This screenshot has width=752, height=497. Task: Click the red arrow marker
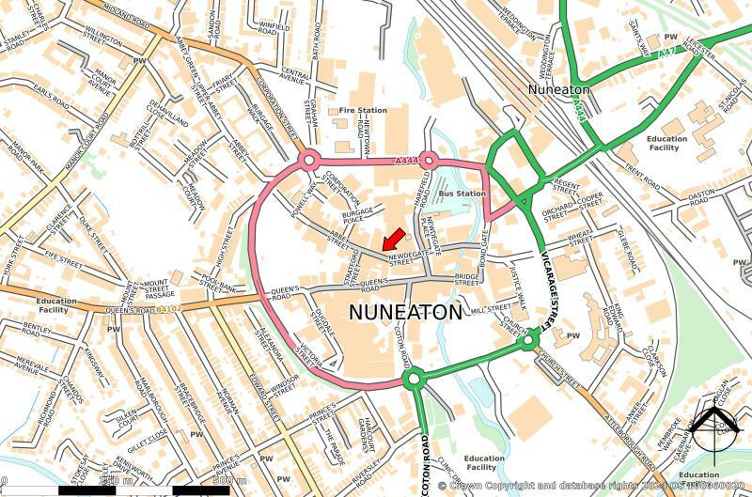point(393,239)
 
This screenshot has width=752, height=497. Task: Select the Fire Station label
point(362,111)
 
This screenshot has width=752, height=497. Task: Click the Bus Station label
point(463,194)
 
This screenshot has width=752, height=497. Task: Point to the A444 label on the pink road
point(406,162)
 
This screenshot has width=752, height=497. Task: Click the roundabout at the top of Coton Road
point(412,380)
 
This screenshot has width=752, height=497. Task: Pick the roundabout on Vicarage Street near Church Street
point(529,338)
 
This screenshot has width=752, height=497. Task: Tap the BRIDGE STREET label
point(467,277)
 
